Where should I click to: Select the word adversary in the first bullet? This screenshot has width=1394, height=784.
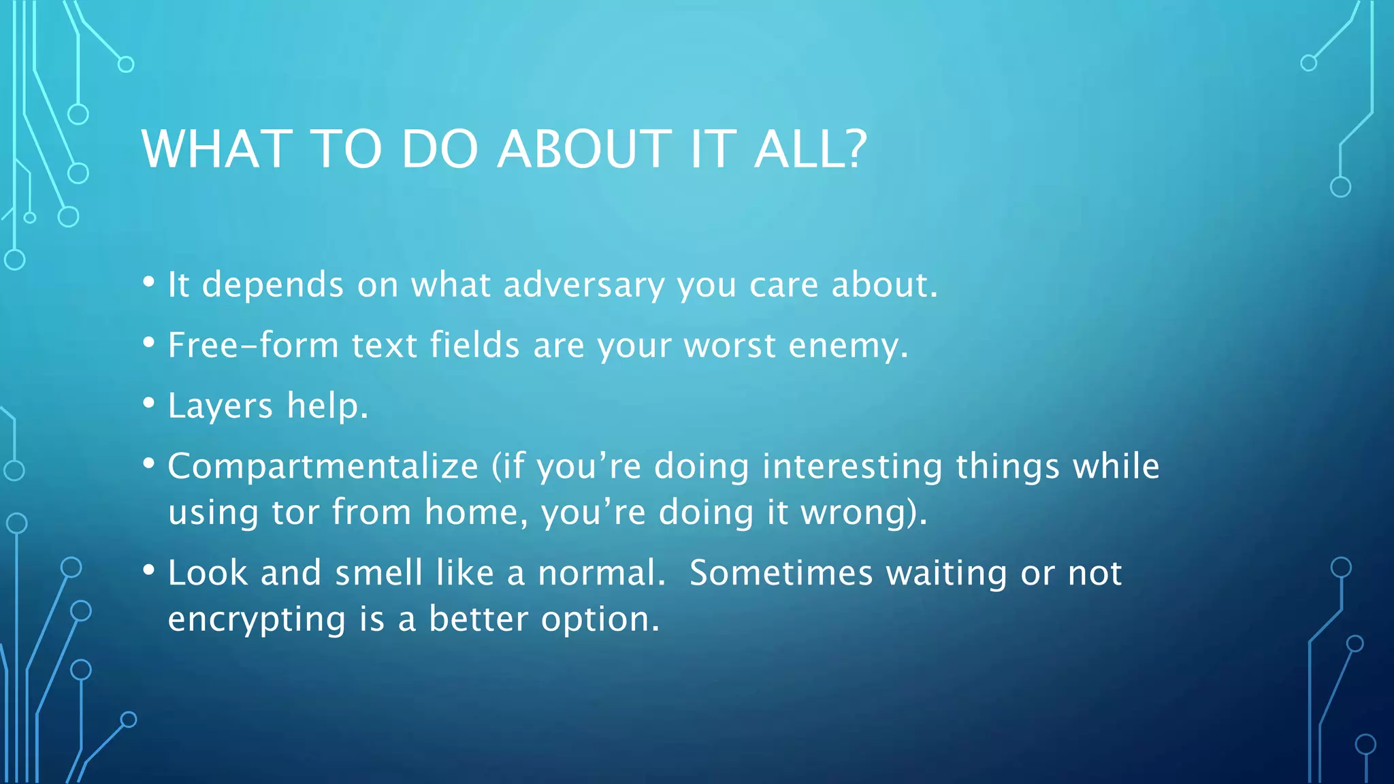point(583,285)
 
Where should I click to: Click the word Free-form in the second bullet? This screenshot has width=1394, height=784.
point(253,345)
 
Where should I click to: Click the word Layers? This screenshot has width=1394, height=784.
point(220,407)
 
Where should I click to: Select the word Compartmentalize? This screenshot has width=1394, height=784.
point(323,467)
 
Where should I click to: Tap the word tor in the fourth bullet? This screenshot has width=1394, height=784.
point(295,512)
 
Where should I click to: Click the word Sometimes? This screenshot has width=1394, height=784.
point(781,573)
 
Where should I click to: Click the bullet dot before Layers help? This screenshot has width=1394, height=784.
point(149,403)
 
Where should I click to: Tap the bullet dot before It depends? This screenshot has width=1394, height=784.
point(149,282)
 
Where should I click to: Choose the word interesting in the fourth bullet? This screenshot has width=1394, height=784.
point(852,467)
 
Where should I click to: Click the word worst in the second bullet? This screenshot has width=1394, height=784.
point(729,346)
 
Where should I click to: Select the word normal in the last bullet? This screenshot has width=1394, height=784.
point(600,573)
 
